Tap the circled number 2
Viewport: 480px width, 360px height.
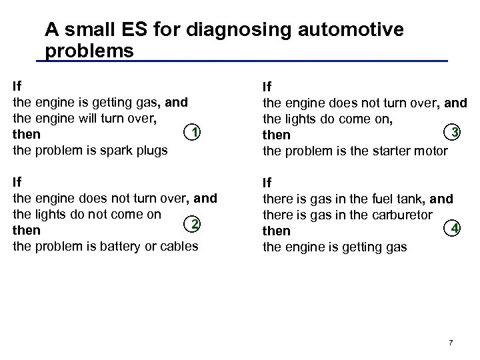click(193, 223)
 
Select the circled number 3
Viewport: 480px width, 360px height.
click(455, 132)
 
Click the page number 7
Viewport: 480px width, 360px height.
click(451, 343)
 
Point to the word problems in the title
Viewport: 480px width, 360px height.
click(89, 51)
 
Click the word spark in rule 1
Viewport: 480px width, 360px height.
click(117, 150)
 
